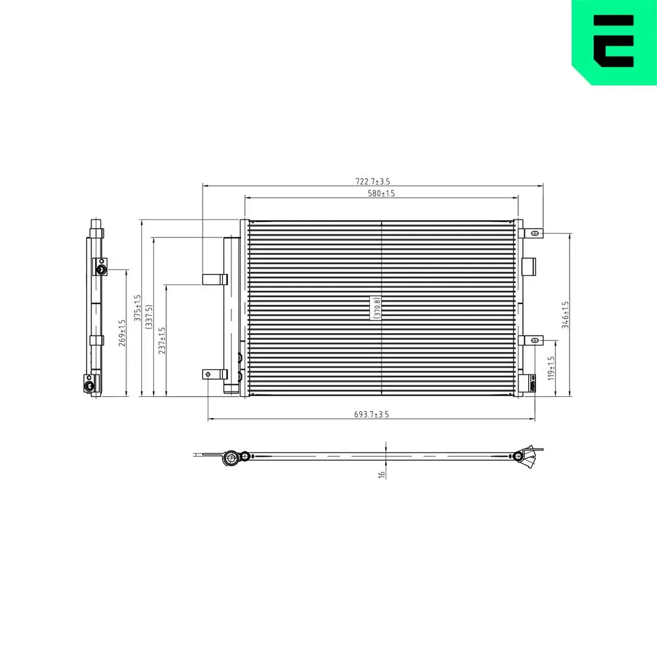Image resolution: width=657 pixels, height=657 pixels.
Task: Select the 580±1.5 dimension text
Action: [x=381, y=193]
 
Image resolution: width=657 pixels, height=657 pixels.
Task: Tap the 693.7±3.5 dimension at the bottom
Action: [x=371, y=414]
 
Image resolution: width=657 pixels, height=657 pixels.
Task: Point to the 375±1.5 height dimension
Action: [x=137, y=307]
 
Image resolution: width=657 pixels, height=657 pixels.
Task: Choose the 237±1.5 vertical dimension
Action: [x=162, y=340]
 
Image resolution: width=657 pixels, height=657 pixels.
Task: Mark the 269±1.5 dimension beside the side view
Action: [x=122, y=333]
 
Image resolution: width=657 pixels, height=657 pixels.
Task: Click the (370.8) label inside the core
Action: [x=376, y=307]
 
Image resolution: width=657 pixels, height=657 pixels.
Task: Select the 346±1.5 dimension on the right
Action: [x=565, y=315]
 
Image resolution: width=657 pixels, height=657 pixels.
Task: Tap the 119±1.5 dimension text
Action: [x=552, y=369]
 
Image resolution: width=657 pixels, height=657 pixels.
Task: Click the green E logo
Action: [x=614, y=41]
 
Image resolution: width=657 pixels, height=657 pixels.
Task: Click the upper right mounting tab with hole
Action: [x=533, y=233]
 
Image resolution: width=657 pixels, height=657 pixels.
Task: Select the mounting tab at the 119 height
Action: [x=533, y=340]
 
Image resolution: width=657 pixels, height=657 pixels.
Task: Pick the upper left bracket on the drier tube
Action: [x=214, y=279]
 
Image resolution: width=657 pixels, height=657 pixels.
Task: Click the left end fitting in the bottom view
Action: [x=233, y=457]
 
